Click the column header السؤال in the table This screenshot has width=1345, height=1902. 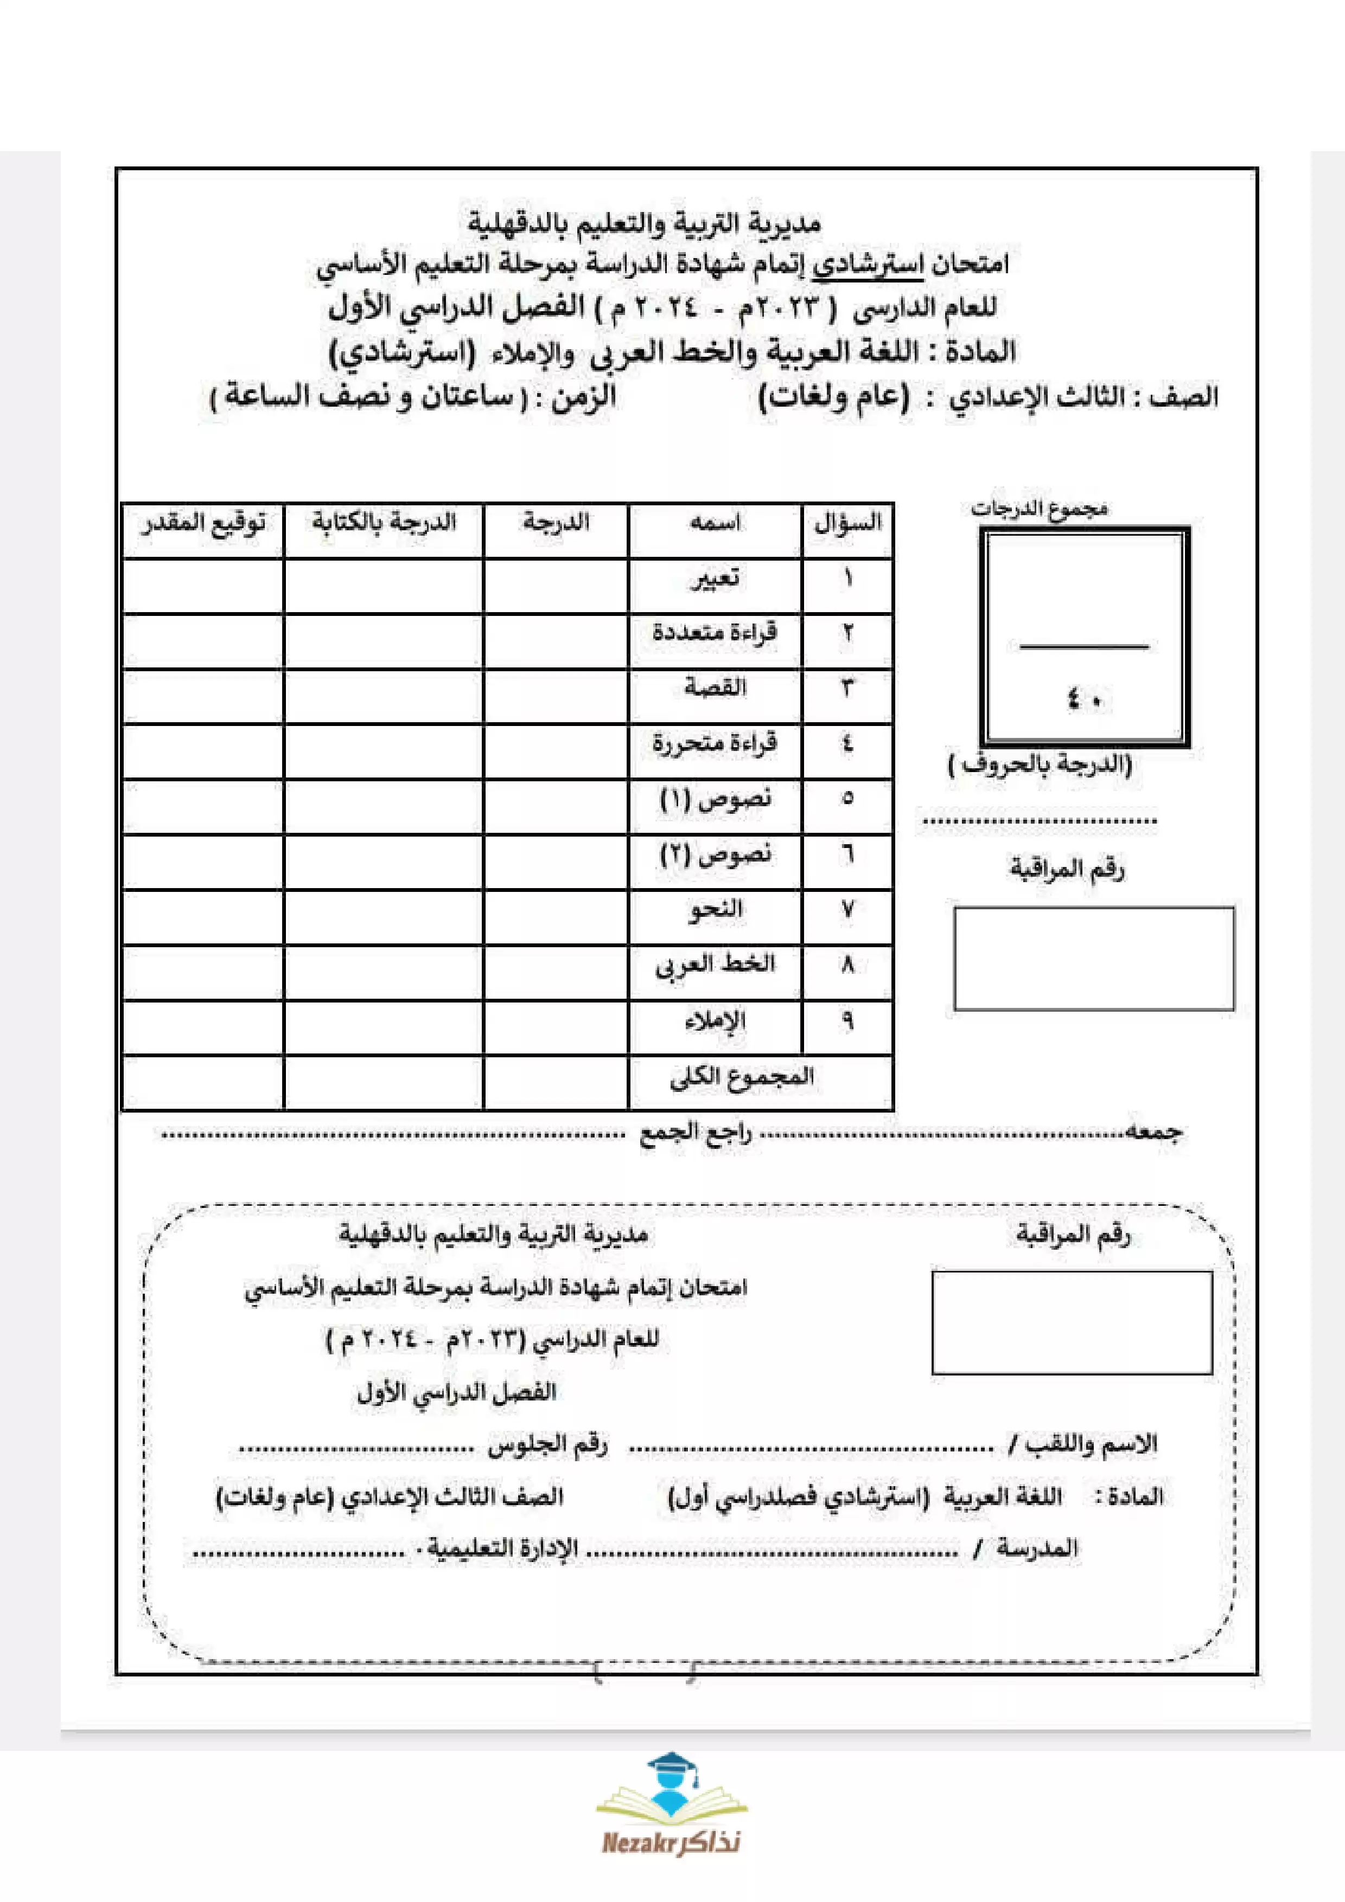(x=847, y=524)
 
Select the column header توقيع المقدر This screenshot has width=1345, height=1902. (x=203, y=524)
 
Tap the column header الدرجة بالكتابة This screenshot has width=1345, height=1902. (x=384, y=524)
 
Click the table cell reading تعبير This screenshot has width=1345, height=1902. (x=715, y=579)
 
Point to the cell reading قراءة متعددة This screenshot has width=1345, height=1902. (x=715, y=634)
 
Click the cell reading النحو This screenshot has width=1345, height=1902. (x=715, y=910)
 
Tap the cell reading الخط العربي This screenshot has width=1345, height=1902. (x=715, y=965)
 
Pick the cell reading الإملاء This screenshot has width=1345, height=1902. (x=715, y=1020)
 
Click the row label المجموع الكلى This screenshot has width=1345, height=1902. (x=742, y=1077)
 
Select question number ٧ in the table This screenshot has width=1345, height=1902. (x=847, y=910)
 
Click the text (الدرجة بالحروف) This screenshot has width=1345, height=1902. (x=1040, y=764)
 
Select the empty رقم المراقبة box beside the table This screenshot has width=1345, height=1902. (x=1094, y=959)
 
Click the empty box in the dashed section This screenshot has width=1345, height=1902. (x=1072, y=1323)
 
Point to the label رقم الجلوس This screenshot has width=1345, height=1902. (x=547, y=1445)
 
